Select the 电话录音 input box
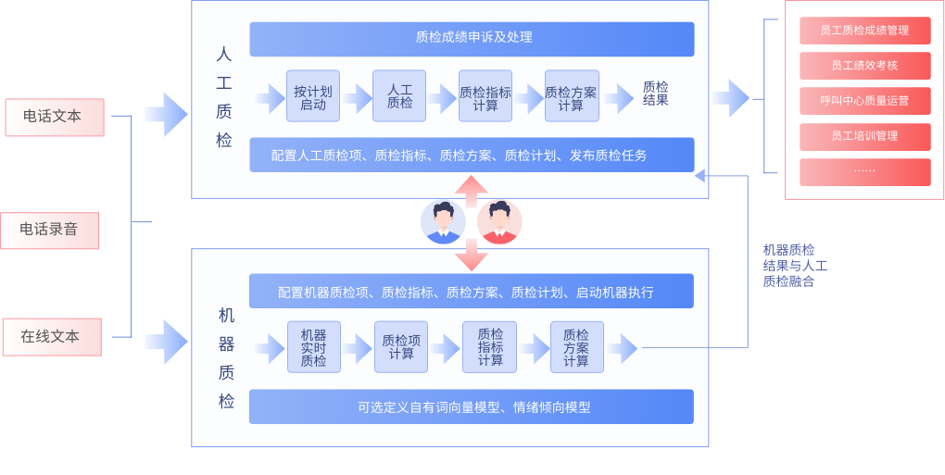[x=49, y=230]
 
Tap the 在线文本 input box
[x=51, y=337]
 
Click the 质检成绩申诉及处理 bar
[x=472, y=39]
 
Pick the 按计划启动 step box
[x=313, y=97]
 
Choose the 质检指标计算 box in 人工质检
[x=485, y=97]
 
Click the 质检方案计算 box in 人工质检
[x=571, y=97]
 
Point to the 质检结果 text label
[x=655, y=94]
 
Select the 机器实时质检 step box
[x=313, y=347]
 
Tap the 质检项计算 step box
[x=400, y=347]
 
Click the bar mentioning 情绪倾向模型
[x=472, y=406]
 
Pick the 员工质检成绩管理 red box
[x=864, y=31]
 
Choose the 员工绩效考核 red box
[x=864, y=66]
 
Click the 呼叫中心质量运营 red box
[x=864, y=101]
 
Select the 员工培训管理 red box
[x=864, y=136]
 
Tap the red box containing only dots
[x=864, y=171]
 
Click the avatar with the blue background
[x=443, y=222]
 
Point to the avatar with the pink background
[x=499, y=222]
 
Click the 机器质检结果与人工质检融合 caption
[x=794, y=266]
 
